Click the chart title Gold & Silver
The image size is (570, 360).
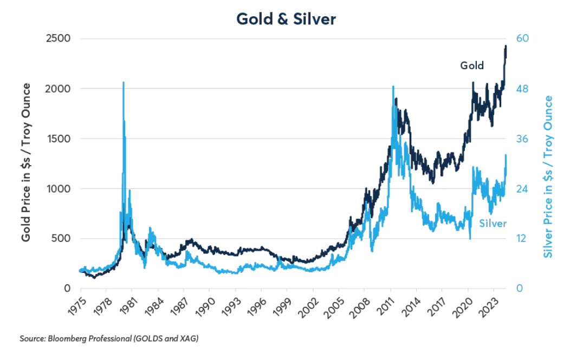286,19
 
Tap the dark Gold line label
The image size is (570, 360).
472,66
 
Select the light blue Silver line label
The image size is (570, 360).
493,223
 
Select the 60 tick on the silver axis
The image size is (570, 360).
522,38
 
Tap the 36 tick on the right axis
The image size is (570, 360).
522,139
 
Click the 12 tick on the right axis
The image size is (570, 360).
522,239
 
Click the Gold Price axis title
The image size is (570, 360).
25,162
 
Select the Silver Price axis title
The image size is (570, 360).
548,176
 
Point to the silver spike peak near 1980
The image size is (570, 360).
124,83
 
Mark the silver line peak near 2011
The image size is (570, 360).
393,87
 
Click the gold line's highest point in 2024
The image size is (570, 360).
506,46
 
